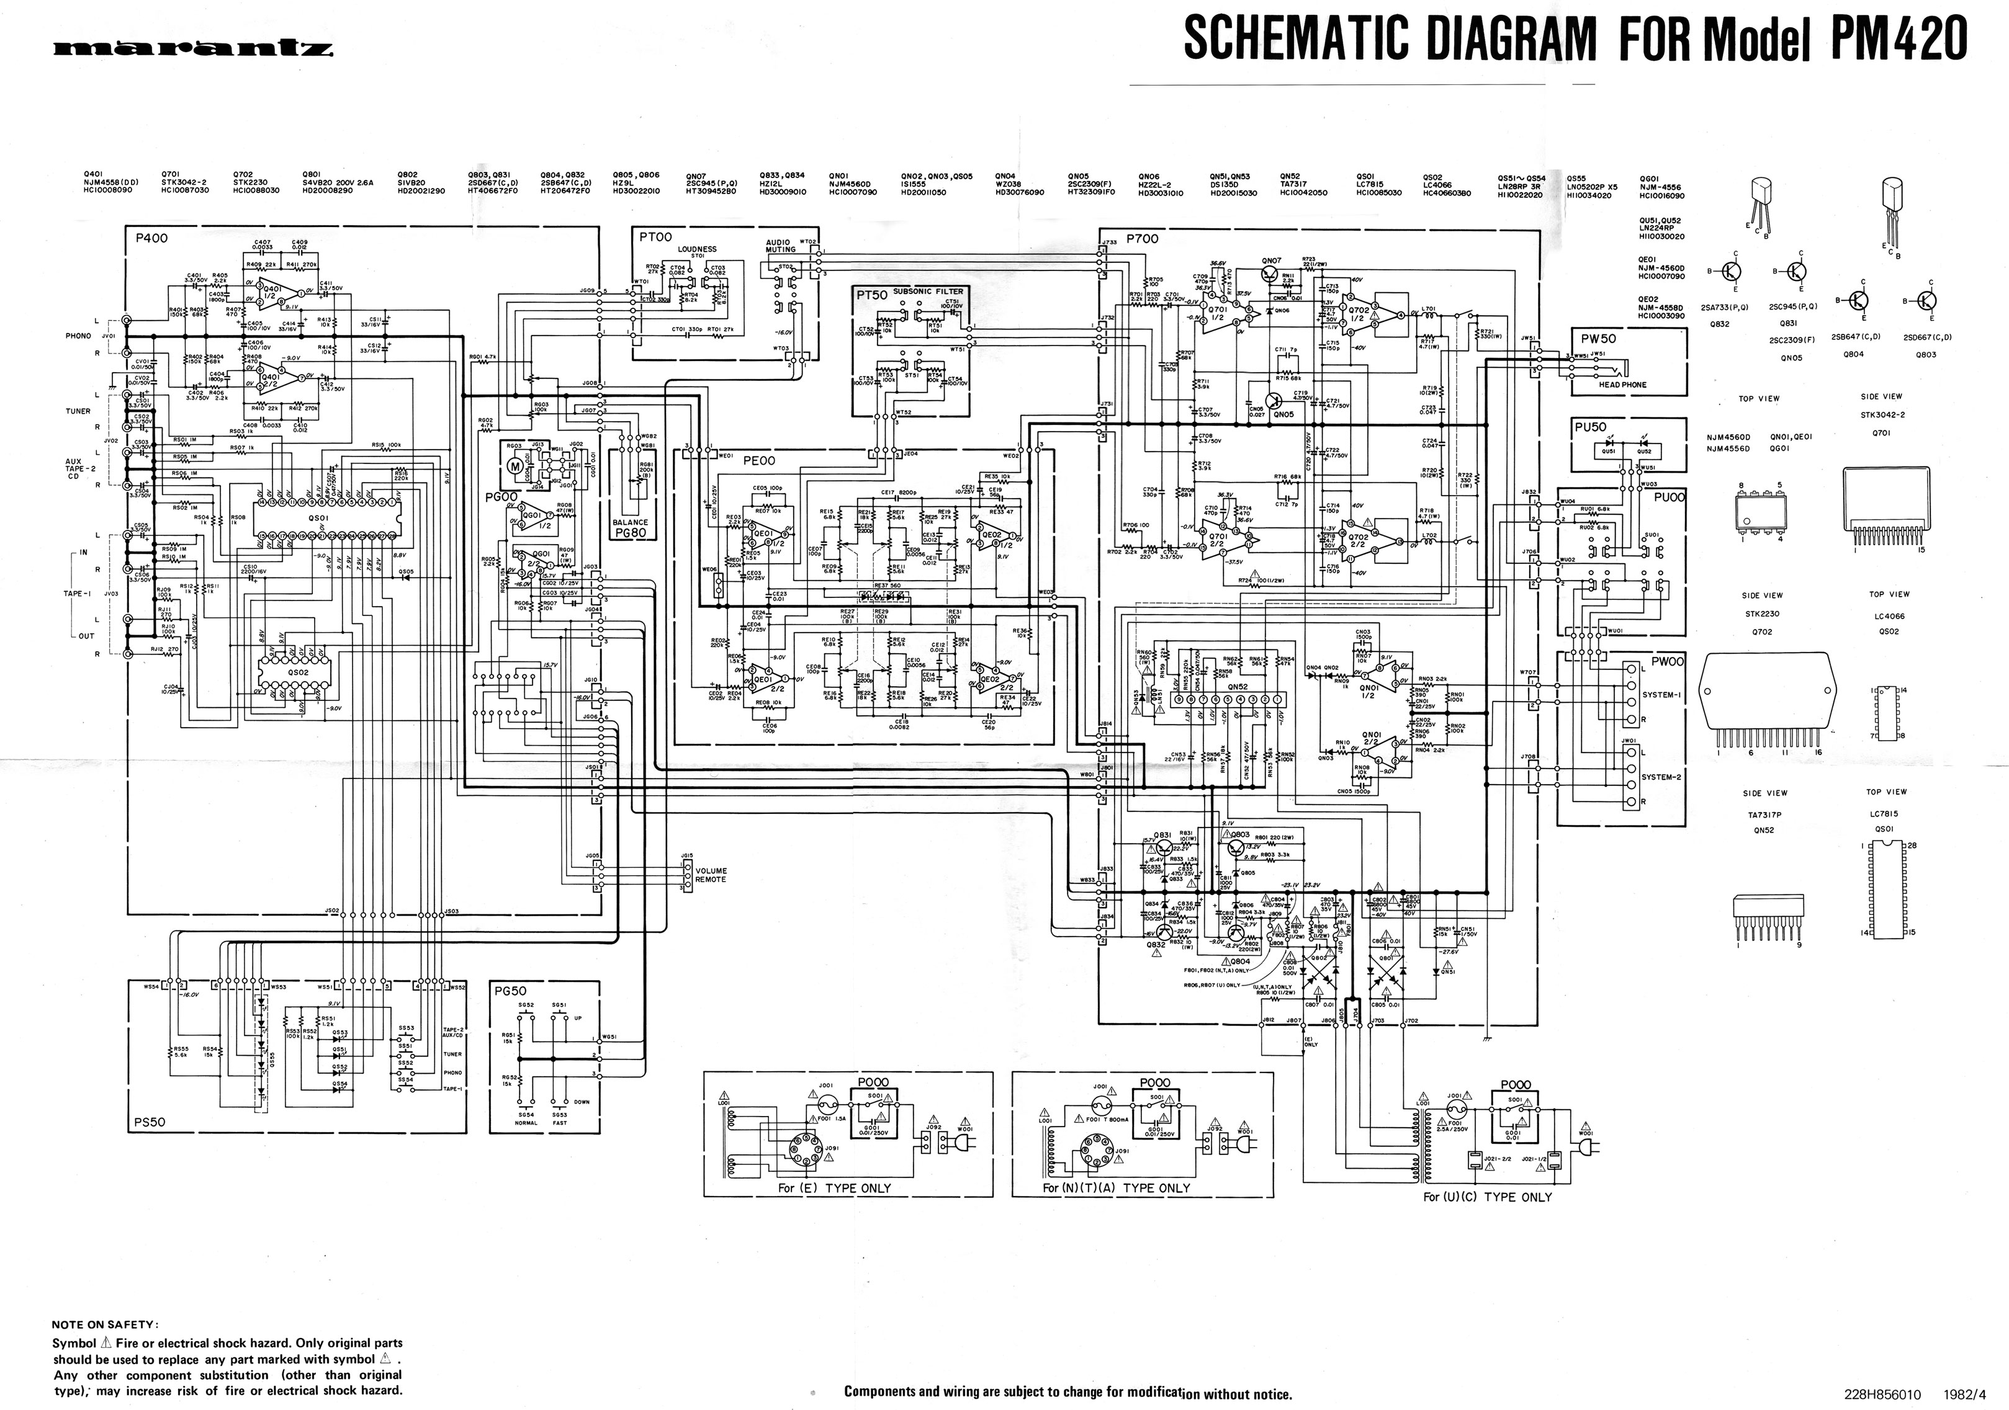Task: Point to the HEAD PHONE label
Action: click(x=1622, y=385)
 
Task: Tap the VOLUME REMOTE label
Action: click(x=711, y=875)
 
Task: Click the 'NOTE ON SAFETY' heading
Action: click(x=105, y=1324)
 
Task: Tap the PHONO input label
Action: click(x=79, y=336)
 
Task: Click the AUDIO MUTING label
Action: click(x=781, y=246)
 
